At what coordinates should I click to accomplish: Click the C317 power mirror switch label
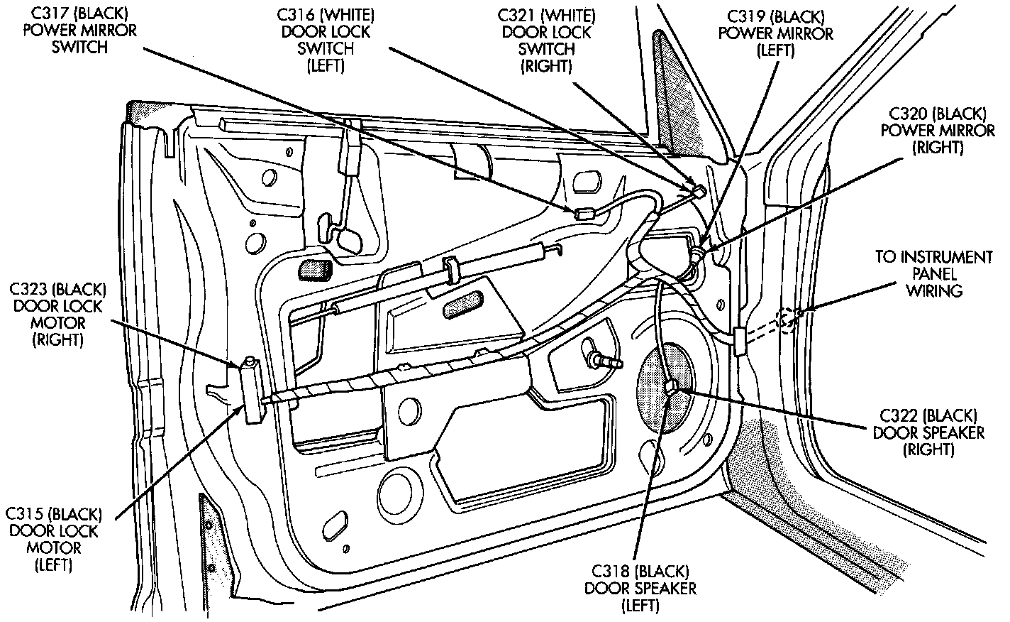point(80,31)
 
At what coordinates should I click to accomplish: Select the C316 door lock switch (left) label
point(326,40)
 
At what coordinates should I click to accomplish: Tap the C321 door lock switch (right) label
point(546,40)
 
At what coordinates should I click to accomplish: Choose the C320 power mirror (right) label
point(938,131)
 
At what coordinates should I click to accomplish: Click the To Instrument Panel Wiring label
point(934,274)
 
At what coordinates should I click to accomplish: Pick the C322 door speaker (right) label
point(928,433)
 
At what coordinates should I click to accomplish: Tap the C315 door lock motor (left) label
point(54,540)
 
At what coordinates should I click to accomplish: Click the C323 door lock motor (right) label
point(57,315)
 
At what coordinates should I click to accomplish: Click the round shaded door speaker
point(666,387)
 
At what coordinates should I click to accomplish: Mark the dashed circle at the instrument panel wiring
point(785,321)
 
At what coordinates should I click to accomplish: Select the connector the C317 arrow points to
point(584,214)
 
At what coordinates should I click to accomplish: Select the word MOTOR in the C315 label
point(54,548)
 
